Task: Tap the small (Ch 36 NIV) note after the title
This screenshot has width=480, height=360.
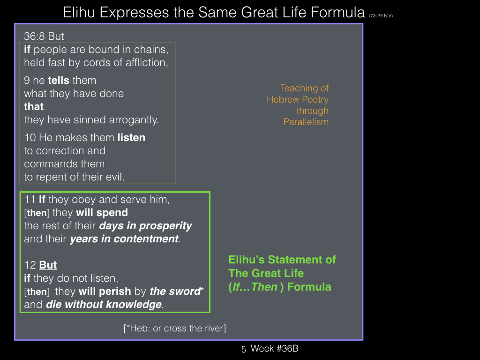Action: pyautogui.click(x=381, y=15)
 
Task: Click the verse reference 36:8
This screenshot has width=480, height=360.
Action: pyautogui.click(x=34, y=36)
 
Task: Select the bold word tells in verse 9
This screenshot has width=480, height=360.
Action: pyautogui.click(x=59, y=80)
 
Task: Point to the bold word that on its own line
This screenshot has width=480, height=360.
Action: pyautogui.click(x=34, y=106)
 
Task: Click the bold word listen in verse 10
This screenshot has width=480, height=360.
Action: pyautogui.click(x=131, y=137)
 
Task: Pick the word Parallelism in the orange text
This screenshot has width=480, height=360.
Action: pyautogui.click(x=306, y=122)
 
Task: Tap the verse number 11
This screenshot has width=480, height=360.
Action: pyautogui.click(x=30, y=200)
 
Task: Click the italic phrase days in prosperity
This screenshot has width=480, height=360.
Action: pyautogui.click(x=145, y=226)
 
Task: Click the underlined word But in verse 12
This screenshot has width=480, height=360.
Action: pyautogui.click(x=48, y=265)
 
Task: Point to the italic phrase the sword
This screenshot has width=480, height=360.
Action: pyautogui.click(x=175, y=291)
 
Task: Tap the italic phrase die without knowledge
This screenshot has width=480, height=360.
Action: pyautogui.click(x=104, y=305)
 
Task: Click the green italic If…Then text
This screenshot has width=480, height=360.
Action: pyautogui.click(x=255, y=287)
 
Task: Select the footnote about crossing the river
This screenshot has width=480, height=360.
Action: pyautogui.click(x=175, y=328)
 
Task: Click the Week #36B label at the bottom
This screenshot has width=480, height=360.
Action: pyautogui.click(x=274, y=348)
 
